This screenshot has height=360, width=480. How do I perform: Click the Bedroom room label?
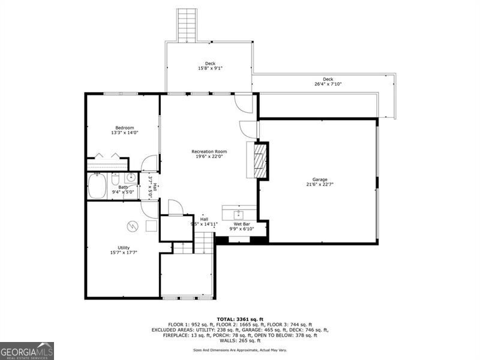(125, 128)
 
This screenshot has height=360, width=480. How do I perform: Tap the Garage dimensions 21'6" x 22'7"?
(319, 185)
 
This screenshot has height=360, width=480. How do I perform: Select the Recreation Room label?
(208, 151)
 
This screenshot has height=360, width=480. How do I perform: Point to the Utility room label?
(124, 247)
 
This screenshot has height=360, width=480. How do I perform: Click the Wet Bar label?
(242, 224)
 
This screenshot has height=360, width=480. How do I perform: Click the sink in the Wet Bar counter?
(239, 212)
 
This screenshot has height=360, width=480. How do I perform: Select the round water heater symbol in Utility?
(133, 226)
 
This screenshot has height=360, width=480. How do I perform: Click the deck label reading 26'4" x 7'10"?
(328, 84)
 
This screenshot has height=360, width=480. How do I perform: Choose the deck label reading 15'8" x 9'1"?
(210, 68)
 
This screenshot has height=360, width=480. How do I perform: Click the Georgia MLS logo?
(27, 350)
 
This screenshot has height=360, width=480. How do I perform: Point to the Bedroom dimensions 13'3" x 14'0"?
(125, 133)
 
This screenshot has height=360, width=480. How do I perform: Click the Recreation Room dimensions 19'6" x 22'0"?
(208, 157)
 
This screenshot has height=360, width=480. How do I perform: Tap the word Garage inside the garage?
(319, 179)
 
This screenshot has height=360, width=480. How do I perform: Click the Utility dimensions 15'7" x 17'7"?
(124, 253)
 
